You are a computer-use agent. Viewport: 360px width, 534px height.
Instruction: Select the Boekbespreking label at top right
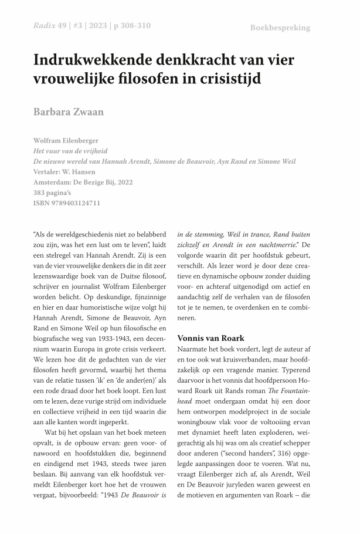point(280,28)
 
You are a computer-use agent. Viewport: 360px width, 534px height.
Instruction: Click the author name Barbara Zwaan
point(69,111)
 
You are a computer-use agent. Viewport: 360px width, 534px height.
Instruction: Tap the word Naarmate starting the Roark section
point(196,350)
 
